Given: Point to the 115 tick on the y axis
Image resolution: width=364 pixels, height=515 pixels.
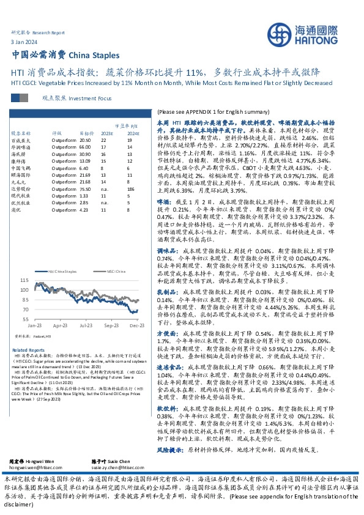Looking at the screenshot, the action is [24, 280].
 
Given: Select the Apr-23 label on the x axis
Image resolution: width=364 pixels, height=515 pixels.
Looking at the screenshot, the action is [60, 326].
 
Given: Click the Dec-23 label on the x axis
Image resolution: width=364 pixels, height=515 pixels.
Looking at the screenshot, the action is [136, 326].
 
